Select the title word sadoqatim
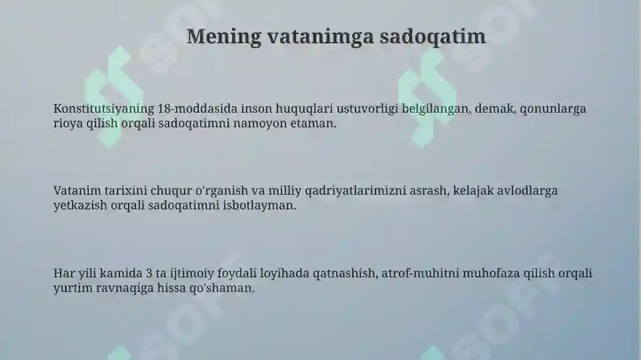pyautogui.click(x=433, y=37)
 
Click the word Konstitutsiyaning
pyautogui.click(x=103, y=109)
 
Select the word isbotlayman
pyautogui.click(x=261, y=206)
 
